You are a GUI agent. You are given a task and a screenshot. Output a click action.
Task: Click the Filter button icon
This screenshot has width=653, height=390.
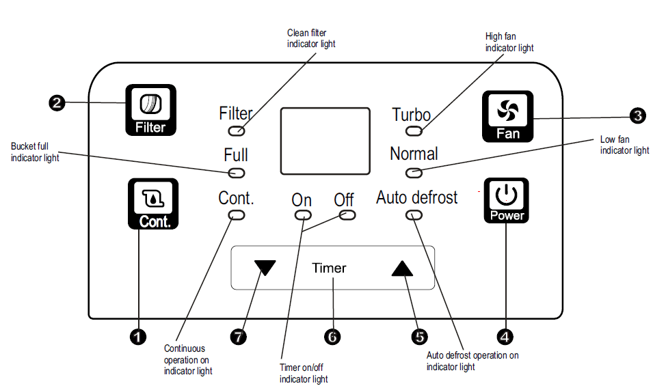pos(150,109)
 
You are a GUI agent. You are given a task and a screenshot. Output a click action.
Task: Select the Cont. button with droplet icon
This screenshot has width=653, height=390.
pos(153,204)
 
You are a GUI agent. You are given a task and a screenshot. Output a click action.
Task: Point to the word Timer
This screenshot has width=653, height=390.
pos(329,268)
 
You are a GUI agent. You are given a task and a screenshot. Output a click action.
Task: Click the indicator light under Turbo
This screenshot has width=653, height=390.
pos(414,130)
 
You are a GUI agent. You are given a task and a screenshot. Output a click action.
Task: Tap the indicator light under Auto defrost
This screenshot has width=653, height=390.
pos(414,215)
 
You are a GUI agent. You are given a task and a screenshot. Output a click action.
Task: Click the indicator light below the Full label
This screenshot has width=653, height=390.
pos(237,172)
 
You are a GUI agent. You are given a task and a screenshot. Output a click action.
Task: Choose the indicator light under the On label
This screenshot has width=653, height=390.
pos(302,215)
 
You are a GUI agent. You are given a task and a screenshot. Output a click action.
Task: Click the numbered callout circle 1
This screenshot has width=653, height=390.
pos(138,336)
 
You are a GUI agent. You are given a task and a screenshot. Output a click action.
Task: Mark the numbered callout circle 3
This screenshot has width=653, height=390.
pos(637,115)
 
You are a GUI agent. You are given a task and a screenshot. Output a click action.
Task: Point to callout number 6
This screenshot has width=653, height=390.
pos(332,336)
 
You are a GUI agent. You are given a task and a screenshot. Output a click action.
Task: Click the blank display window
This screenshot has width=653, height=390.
pos(325,141)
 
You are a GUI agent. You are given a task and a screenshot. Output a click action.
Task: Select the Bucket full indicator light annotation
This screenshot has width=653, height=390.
pos(35,152)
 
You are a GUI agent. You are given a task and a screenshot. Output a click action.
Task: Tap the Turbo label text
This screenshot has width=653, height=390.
pos(411,114)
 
